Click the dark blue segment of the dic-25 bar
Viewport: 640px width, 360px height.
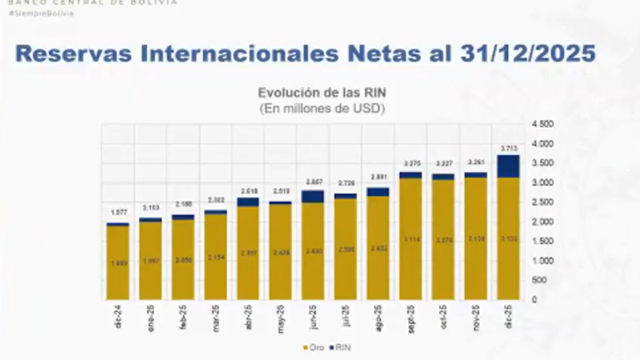coord(508,166)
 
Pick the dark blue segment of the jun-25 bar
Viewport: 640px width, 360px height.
coord(313,196)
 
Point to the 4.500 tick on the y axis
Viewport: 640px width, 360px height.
coord(542,125)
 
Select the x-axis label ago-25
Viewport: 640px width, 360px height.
coord(378,311)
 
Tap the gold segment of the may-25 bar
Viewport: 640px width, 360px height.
coord(280,251)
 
